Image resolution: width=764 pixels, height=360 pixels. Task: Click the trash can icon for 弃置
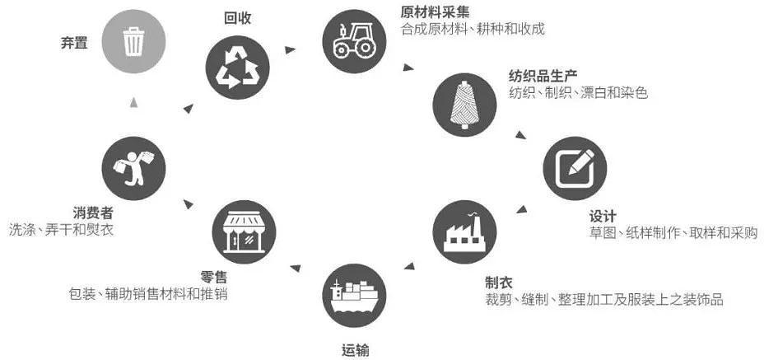[x=133, y=41]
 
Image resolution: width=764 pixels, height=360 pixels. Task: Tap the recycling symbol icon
[x=237, y=68]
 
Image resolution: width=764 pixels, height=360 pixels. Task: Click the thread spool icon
[x=464, y=105]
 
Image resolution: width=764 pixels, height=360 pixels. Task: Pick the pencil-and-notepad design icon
[x=575, y=168]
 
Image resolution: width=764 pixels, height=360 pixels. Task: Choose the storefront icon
[x=244, y=232]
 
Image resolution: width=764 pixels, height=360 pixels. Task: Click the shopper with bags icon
[x=133, y=168]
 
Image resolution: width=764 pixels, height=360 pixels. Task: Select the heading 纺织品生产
[x=543, y=76]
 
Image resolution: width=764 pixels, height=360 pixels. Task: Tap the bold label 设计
[x=603, y=216]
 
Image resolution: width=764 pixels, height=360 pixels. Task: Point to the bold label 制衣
[x=498, y=282]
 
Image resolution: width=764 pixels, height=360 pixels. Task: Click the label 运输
[x=355, y=350]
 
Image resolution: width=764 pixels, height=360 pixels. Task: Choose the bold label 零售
[x=213, y=277]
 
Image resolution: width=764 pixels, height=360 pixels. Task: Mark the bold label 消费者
[x=93, y=213]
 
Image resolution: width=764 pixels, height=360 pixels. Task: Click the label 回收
[x=237, y=18]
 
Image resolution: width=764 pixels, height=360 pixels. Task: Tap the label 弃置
[x=74, y=43]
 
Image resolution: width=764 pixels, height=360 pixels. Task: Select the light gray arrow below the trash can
[x=134, y=102]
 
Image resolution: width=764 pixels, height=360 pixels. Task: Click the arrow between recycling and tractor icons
[x=291, y=49]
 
